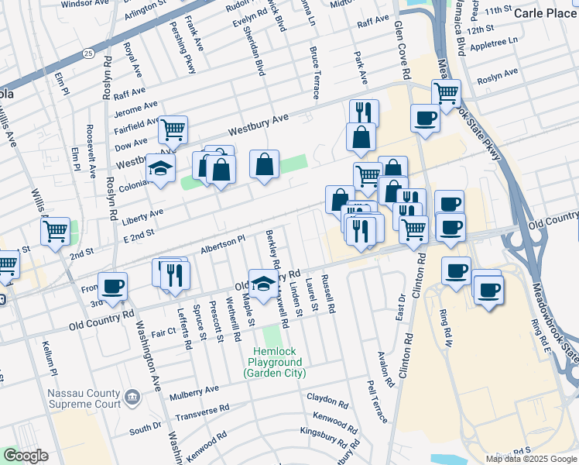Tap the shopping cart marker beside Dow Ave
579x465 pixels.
(x=173, y=129)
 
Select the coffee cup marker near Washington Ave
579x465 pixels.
(x=113, y=286)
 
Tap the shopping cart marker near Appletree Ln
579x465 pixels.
(x=447, y=93)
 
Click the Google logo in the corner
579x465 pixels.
(x=26, y=456)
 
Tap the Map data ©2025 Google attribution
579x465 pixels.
(x=531, y=459)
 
